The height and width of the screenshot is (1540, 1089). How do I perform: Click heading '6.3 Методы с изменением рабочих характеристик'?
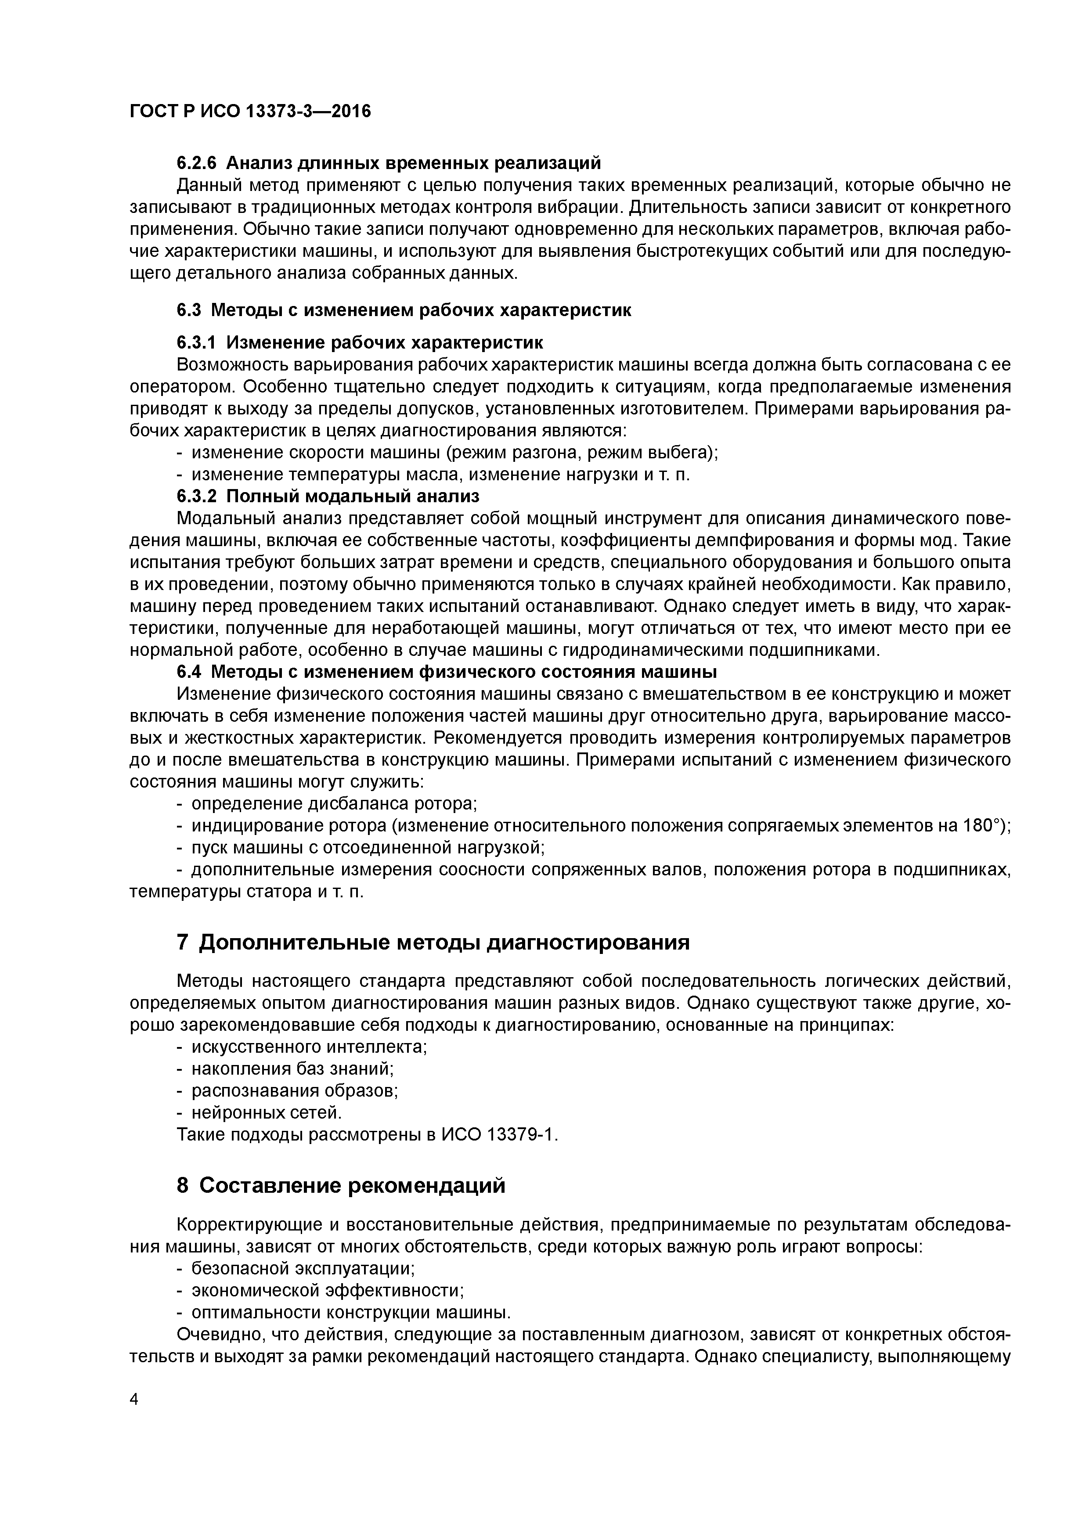pyautogui.click(x=404, y=310)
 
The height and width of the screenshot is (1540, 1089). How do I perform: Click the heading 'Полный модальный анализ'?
pyautogui.click(x=353, y=497)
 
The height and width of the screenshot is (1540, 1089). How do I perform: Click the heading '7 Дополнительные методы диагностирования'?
pyautogui.click(x=433, y=943)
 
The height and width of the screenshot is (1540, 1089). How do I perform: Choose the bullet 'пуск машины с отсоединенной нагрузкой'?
pyautogui.click(x=367, y=848)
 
